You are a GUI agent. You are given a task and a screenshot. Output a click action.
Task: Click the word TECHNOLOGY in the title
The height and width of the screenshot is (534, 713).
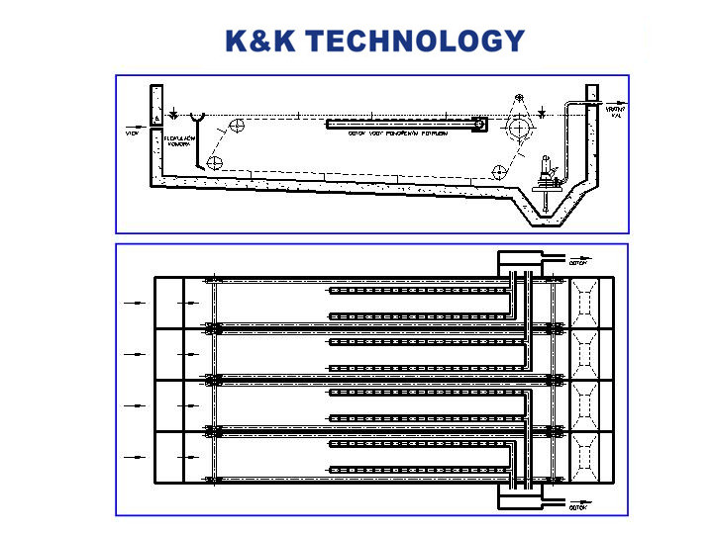pos(414,41)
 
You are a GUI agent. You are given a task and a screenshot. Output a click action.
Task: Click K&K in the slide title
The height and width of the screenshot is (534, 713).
pos(259,41)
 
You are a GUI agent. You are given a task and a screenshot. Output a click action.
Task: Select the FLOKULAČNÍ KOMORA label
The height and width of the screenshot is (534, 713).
pos(177,139)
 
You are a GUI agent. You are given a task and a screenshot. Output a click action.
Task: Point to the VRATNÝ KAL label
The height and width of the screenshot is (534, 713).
pos(615,111)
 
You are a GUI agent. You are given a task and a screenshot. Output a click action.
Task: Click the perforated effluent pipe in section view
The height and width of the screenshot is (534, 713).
pos(406,125)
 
